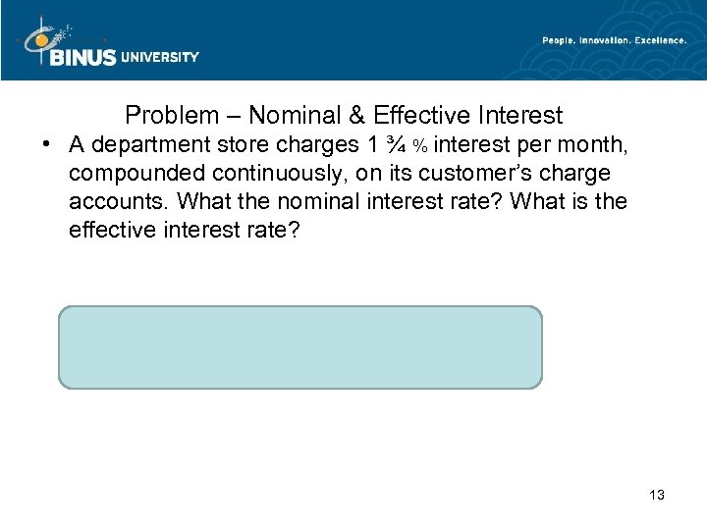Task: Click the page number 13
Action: [x=656, y=495]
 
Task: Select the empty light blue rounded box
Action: [x=300, y=347]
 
